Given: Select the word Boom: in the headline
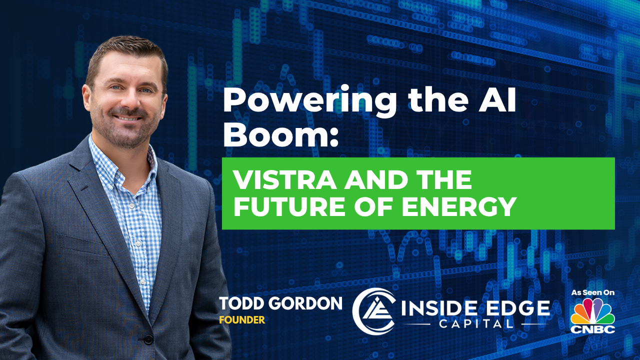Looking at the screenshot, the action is [x=280, y=133].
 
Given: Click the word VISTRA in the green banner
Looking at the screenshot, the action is [x=284, y=179].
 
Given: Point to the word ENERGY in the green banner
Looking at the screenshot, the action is [x=460, y=206].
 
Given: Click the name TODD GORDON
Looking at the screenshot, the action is [x=280, y=303].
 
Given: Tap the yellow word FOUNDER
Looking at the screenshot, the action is [x=242, y=320].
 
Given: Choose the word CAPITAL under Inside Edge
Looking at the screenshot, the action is [x=476, y=324].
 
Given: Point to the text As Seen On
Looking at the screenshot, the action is [x=593, y=292].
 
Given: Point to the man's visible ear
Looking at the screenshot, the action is [x=86, y=95].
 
